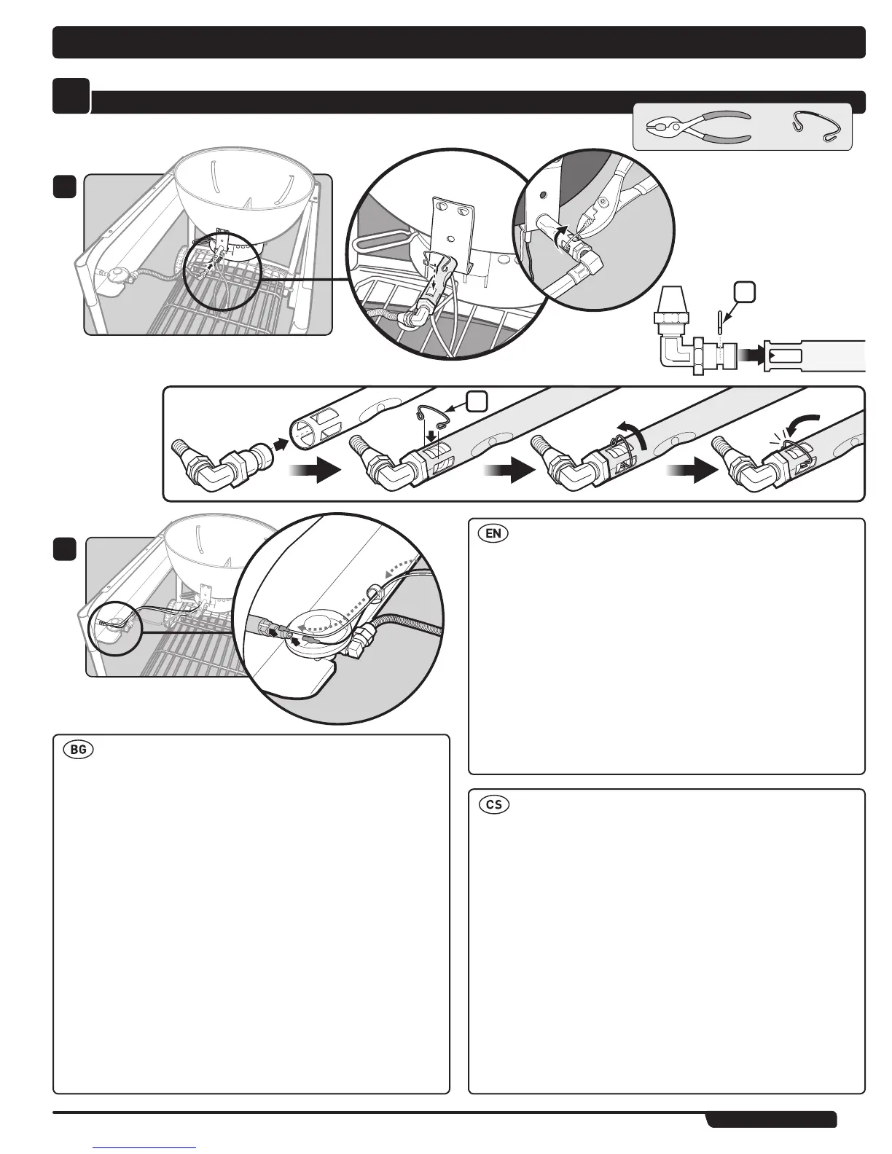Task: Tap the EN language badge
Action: click(493, 533)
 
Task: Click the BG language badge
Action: click(78, 750)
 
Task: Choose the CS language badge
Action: click(493, 805)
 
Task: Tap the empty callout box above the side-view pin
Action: click(745, 292)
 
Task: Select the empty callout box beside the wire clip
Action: click(477, 401)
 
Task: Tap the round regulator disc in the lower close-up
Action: click(321, 625)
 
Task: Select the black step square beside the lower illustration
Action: click(65, 549)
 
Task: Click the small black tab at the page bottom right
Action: click(771, 1119)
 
